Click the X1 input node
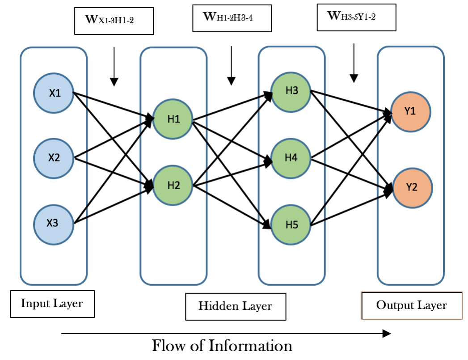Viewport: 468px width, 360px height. pos(54,93)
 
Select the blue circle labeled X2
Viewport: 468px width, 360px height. pos(54,158)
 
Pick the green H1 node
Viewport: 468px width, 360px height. pos(173,119)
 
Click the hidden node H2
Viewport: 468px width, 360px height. pos(173,185)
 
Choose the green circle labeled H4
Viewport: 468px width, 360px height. pos(291,158)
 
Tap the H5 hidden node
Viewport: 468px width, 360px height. pos(291,224)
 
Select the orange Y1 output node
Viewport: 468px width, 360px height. pos(410,112)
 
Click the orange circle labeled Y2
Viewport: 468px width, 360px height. pos(412,187)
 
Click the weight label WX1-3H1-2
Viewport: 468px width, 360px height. pos(114,21)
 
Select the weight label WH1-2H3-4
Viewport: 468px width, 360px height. pos(232,18)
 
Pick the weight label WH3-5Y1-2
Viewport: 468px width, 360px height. pos(356,17)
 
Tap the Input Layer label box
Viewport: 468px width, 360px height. pos(52,304)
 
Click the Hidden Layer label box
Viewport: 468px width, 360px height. pos(235,306)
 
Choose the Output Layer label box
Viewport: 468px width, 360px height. pos(411,305)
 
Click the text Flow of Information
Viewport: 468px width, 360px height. pos(222,346)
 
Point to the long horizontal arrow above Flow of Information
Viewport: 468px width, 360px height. pos(226,333)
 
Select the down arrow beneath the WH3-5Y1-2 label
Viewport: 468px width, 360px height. pos(354,63)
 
